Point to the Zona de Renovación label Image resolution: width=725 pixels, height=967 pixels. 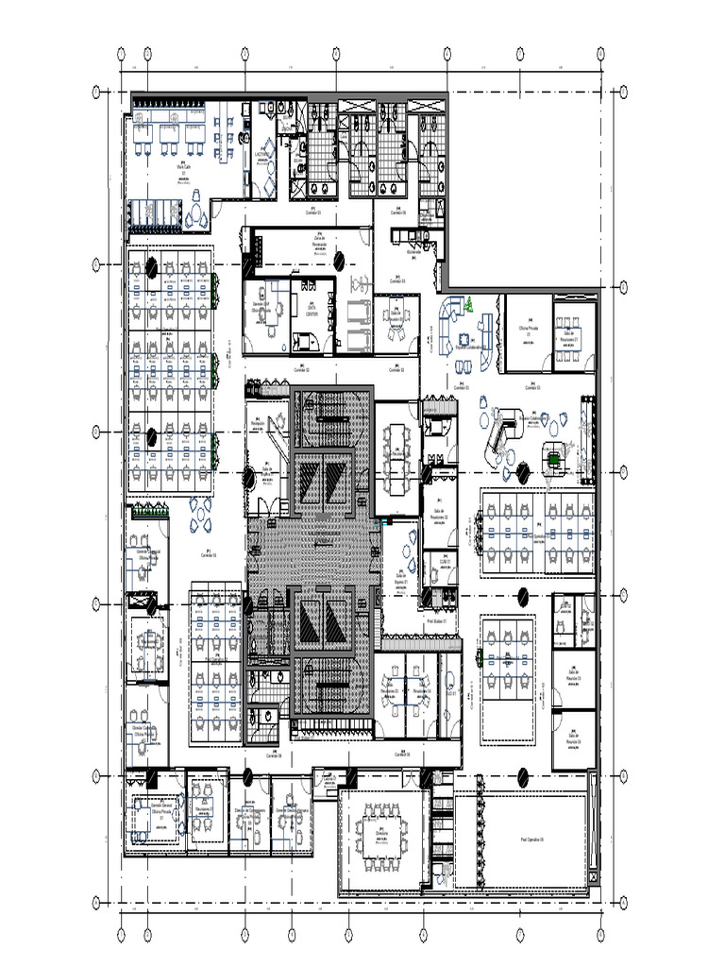319,242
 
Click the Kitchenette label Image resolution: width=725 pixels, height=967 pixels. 413,253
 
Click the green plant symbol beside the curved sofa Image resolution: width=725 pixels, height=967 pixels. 467,304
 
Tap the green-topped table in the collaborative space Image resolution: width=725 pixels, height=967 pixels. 551,458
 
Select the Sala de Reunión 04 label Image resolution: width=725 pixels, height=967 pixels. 572,740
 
